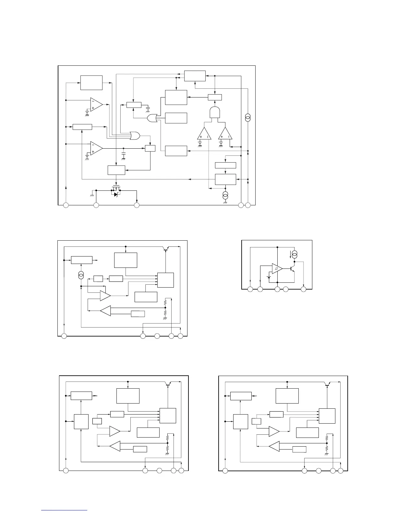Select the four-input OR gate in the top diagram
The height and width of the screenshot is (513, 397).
(134, 136)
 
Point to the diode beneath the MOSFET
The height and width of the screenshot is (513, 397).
(116, 195)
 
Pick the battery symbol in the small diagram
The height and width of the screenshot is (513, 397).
(269, 276)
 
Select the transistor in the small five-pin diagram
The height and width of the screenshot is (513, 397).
(292, 268)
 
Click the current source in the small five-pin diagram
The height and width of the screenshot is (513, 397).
(295, 253)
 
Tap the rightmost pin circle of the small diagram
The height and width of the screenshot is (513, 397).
(304, 289)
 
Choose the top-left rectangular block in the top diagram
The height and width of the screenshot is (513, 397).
(91, 83)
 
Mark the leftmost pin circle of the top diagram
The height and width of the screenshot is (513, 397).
(66, 205)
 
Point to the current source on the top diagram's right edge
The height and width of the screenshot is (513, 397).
(248, 117)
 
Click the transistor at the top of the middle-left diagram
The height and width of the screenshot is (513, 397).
(166, 249)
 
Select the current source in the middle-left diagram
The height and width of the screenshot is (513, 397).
(81, 275)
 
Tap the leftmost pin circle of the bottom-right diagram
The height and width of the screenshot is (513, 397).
(225, 471)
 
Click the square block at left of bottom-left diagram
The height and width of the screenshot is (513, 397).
(81, 421)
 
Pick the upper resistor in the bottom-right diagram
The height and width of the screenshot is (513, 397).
(327, 438)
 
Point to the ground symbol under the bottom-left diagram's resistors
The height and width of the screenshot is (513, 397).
(167, 454)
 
